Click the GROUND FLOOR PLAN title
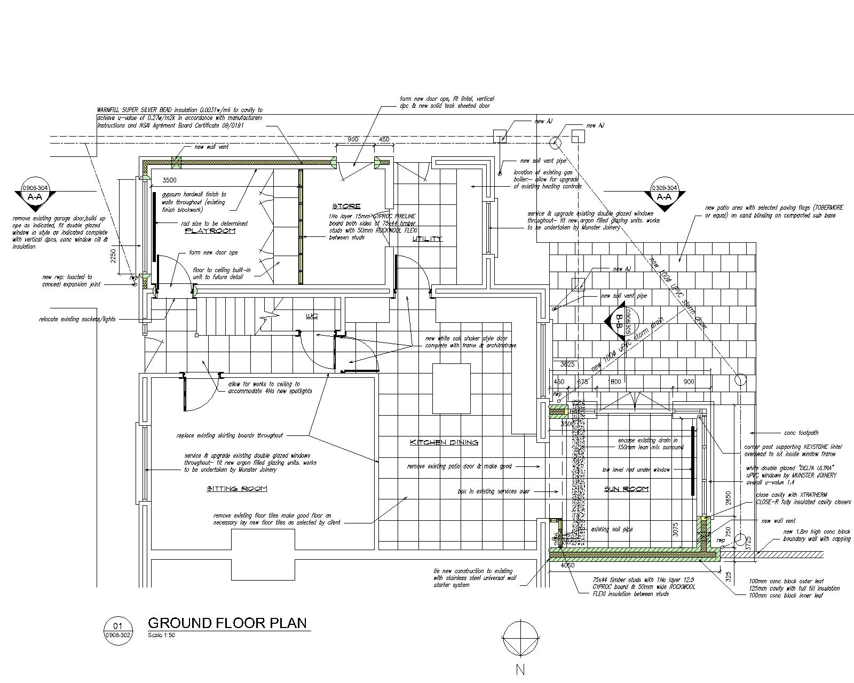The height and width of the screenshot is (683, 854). [227, 623]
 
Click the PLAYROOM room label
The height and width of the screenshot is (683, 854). [210, 231]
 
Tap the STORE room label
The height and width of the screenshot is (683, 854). [346, 206]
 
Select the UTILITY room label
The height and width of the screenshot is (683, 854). [428, 239]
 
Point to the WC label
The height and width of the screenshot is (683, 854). [312, 316]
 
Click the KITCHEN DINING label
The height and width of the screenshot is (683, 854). [444, 442]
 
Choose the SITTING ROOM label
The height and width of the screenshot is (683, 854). [236, 489]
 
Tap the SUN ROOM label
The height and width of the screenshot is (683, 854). [626, 489]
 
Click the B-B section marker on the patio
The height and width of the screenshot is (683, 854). [620, 321]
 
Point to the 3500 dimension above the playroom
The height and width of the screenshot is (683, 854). [170, 180]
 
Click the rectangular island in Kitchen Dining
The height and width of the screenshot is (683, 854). [452, 388]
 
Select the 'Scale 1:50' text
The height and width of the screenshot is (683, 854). [161, 635]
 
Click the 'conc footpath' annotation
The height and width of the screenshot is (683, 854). [801, 433]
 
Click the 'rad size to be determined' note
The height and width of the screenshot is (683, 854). [214, 224]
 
